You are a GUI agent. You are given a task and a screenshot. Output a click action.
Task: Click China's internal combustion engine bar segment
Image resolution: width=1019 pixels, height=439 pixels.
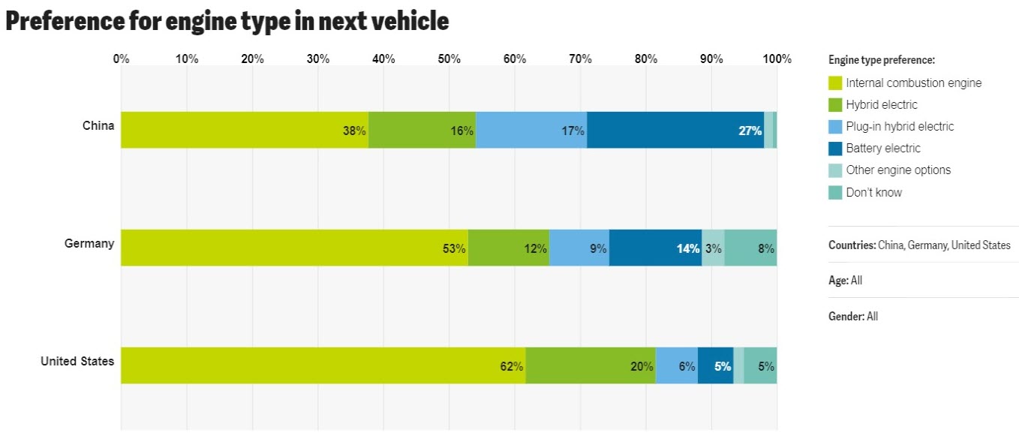245,130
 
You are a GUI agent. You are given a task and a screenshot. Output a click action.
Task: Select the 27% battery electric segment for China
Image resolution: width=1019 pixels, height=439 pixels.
675,130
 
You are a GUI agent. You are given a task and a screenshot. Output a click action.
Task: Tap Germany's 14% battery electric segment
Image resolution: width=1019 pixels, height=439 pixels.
655,248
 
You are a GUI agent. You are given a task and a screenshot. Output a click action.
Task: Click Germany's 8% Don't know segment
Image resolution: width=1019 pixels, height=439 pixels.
750,248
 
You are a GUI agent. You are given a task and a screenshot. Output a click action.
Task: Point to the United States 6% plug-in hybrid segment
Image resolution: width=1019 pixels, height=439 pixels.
677,365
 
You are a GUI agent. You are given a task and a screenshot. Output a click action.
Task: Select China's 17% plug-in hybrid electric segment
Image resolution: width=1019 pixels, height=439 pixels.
531,130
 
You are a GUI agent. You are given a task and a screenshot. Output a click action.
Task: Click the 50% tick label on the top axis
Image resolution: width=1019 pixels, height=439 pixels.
449,59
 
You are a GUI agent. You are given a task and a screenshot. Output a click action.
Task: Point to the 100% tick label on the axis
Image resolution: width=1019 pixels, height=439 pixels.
777,59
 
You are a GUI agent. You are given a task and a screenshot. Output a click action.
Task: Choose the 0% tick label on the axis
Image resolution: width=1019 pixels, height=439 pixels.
121,59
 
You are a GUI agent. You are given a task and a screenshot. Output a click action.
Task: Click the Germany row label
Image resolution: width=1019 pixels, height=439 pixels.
89,243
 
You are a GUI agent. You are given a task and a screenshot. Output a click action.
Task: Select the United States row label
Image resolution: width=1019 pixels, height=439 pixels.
77,361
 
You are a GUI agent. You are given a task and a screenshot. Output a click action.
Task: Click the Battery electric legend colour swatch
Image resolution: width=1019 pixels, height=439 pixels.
835,149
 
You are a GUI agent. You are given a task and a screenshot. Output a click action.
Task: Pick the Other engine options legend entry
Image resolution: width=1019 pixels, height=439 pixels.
897,170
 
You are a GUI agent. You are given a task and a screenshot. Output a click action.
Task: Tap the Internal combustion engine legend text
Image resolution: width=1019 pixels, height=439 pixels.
913,83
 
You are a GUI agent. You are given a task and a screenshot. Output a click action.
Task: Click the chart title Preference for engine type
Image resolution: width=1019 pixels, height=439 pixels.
227,21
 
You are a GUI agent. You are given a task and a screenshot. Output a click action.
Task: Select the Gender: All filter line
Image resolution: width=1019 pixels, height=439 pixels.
853,317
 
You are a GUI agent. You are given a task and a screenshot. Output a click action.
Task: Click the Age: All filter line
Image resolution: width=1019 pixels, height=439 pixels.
845,281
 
